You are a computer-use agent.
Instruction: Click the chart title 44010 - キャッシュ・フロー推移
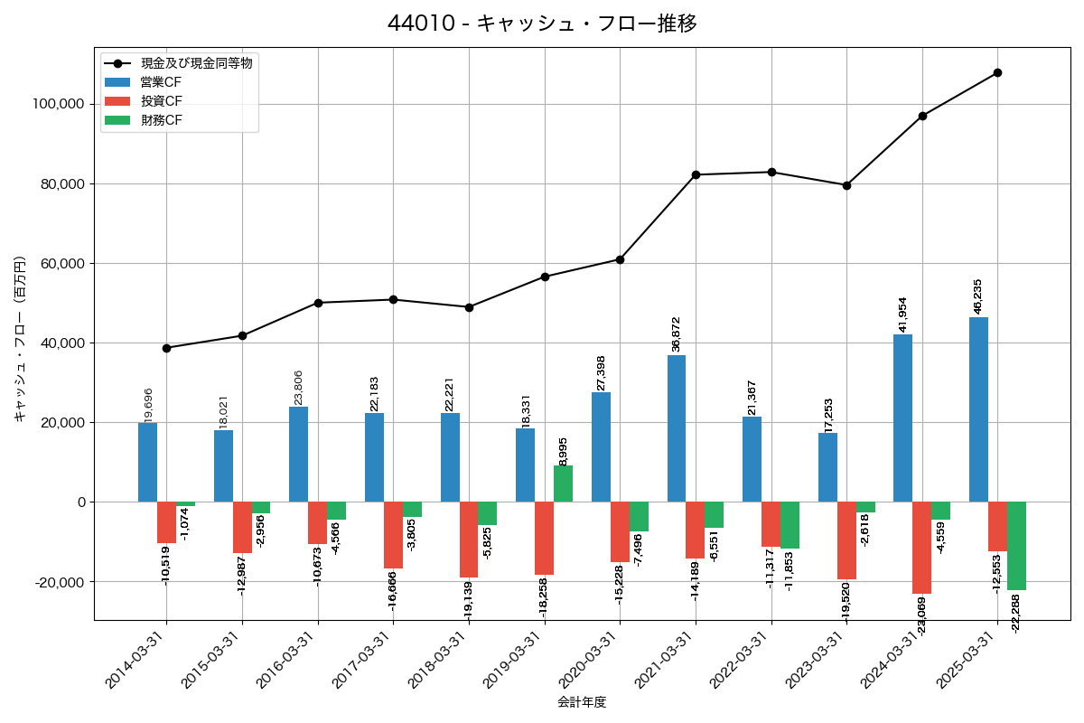click(542, 23)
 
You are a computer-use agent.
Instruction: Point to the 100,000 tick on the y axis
click(58, 105)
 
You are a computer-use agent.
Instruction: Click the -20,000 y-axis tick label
click(58, 582)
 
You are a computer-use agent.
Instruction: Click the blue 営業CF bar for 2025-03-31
click(978, 409)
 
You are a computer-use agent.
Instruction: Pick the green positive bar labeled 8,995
click(563, 484)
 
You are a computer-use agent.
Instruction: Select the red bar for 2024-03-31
click(921, 548)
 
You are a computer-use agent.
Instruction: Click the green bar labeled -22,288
click(1016, 546)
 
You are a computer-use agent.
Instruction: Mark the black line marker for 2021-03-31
click(696, 174)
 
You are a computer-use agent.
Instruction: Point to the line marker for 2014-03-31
click(166, 348)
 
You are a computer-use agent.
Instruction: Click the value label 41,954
click(902, 315)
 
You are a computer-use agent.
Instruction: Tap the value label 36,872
click(676, 334)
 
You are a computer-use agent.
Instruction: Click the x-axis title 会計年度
click(582, 702)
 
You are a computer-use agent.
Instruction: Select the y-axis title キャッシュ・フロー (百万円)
click(20, 339)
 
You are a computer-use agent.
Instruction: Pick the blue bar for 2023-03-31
click(827, 467)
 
